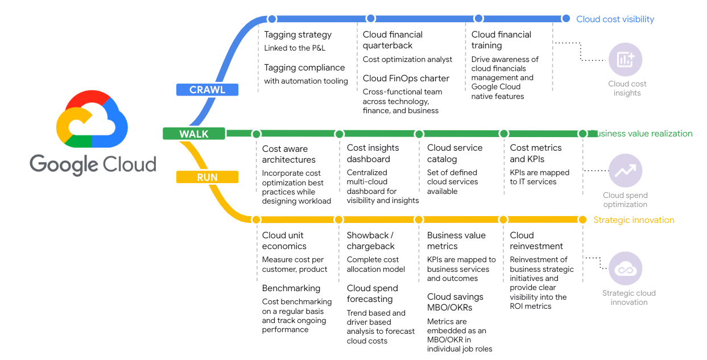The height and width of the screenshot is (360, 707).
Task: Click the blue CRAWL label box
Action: click(x=207, y=90)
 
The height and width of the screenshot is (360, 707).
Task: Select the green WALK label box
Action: click(x=194, y=134)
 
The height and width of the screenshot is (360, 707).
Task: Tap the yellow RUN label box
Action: click(x=207, y=177)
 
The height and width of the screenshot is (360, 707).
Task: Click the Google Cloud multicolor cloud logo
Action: click(x=92, y=119)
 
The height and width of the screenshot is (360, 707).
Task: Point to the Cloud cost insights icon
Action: click(x=626, y=59)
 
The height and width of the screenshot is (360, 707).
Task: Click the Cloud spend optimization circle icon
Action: click(x=626, y=170)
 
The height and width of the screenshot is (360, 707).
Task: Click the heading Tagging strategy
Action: click(x=297, y=35)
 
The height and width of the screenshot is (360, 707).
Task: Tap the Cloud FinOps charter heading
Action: click(x=406, y=78)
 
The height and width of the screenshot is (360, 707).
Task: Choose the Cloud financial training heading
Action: click(x=501, y=40)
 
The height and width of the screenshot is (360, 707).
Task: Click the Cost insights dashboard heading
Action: click(x=373, y=154)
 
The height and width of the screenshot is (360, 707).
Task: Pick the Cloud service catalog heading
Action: click(x=454, y=154)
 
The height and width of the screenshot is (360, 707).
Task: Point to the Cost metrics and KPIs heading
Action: click(x=535, y=154)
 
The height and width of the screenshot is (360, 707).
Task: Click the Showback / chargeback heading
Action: click(x=370, y=241)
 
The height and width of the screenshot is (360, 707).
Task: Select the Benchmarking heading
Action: click(x=291, y=288)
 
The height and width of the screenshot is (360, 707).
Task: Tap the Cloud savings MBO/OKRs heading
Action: click(x=455, y=302)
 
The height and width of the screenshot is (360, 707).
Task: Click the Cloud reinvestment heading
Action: click(x=536, y=241)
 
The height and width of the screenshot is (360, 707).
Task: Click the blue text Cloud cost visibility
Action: click(x=615, y=19)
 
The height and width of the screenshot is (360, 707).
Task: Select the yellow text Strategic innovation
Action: click(x=634, y=220)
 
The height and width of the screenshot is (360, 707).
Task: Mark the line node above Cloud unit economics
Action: click(x=256, y=220)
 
